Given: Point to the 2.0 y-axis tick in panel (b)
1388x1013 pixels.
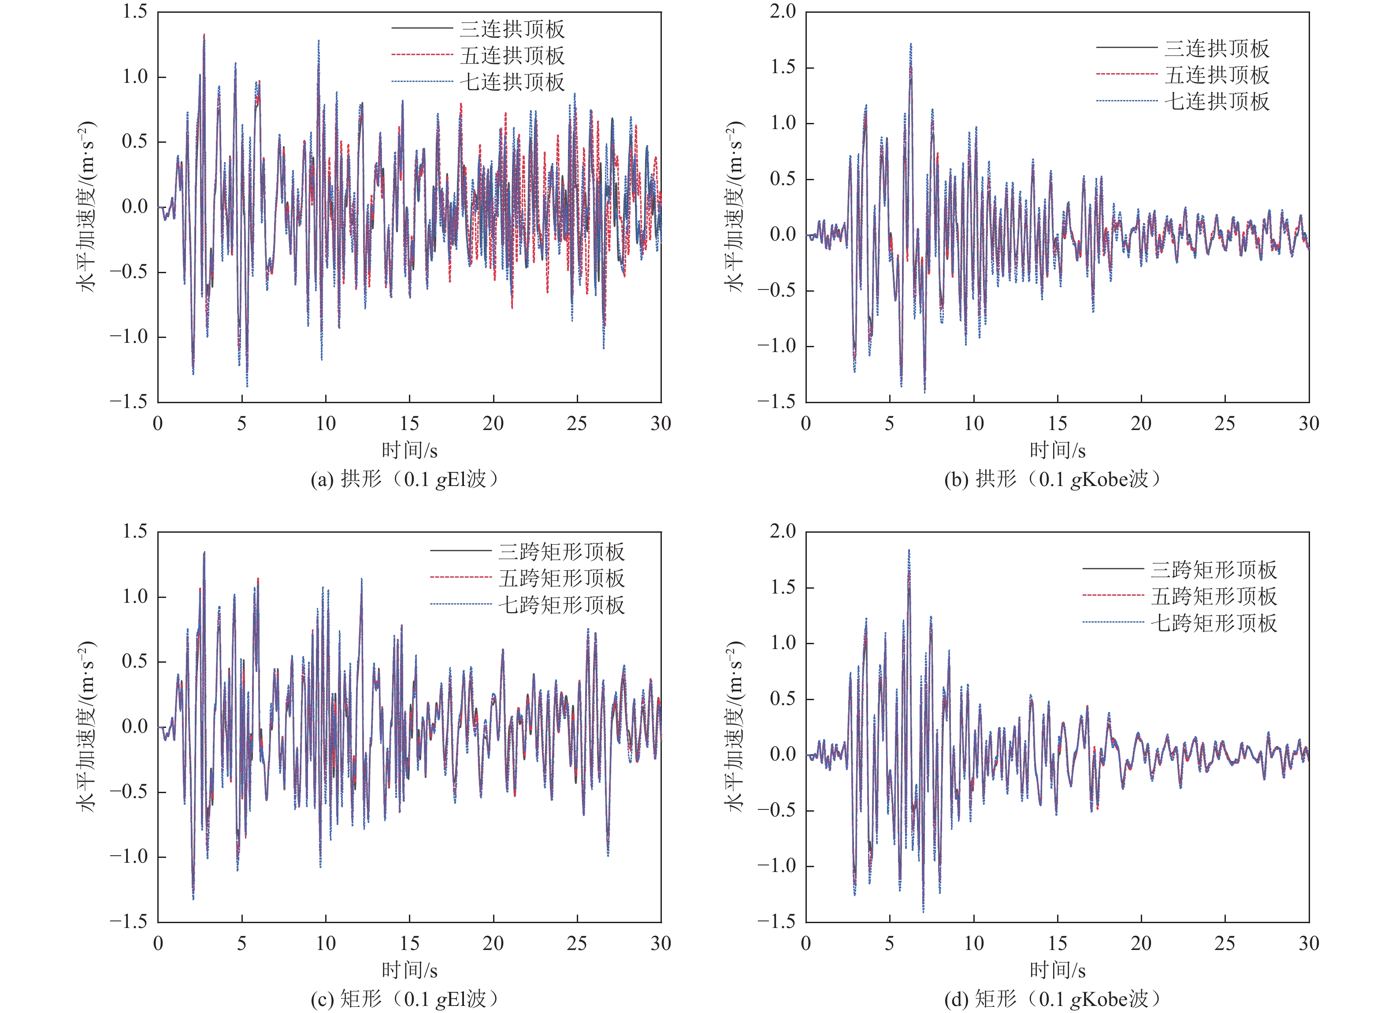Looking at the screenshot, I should click(783, 11).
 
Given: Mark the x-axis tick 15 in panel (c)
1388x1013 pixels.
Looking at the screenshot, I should click(409, 943).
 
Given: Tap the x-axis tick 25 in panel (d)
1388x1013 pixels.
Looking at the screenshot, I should click(1225, 943).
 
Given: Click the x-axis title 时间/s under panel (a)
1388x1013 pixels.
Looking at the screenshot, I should click(409, 451).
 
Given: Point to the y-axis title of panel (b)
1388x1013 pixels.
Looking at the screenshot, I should click(735, 207).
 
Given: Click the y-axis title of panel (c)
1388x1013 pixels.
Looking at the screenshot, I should click(88, 727).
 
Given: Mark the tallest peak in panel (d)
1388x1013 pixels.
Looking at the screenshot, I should click(909, 550).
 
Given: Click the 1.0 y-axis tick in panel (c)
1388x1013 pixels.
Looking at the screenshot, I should click(135, 597).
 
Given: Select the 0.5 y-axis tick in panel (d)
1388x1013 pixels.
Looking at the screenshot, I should click(783, 699).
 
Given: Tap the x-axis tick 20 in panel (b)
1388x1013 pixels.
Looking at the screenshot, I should click(1141, 423).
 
